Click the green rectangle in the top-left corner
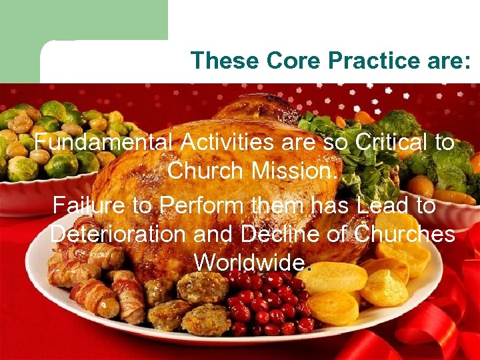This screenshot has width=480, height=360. point(83,20)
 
